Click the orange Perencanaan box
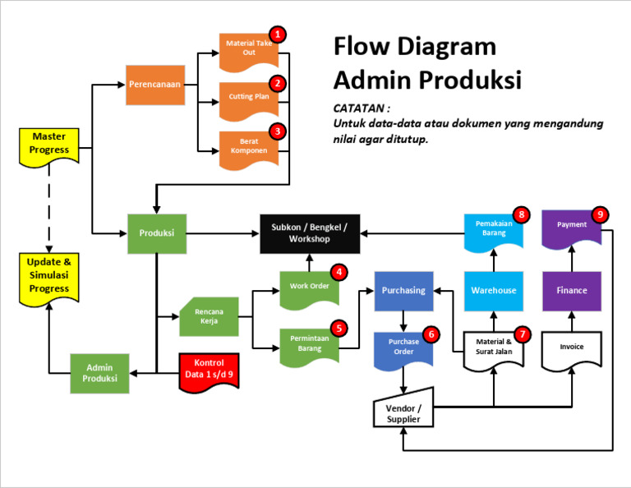[x=154, y=85]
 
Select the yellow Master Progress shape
[x=49, y=145]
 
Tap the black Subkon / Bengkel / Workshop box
[x=309, y=233]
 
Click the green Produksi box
[x=156, y=233]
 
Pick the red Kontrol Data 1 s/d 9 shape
[x=209, y=371]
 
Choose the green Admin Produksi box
[x=99, y=374]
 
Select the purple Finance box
[x=571, y=291]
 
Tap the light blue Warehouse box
[x=493, y=291]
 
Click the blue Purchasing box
[x=403, y=291]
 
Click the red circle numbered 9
[x=600, y=215]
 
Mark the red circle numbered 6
[x=431, y=334]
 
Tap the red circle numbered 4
[x=338, y=272]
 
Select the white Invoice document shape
[x=571, y=348]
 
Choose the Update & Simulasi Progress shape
[x=49, y=276]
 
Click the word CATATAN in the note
[x=362, y=108]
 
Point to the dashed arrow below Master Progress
[x=49, y=205]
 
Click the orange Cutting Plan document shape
[x=249, y=98]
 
